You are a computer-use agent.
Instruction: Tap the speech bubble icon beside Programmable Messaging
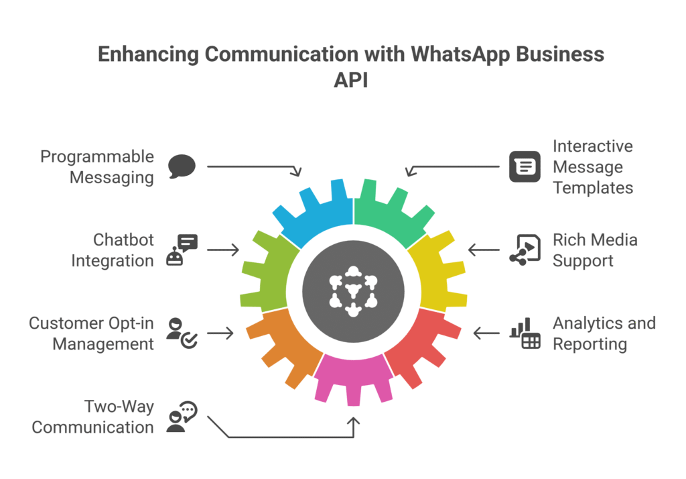[182, 166]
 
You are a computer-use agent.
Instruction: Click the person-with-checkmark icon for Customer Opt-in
[182, 333]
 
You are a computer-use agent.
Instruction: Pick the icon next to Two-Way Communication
[182, 417]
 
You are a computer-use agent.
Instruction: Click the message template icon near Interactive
[525, 166]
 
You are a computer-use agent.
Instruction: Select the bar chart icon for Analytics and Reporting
[525, 333]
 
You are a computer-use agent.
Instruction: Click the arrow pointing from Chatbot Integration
[222, 250]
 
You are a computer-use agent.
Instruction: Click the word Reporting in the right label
[590, 344]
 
